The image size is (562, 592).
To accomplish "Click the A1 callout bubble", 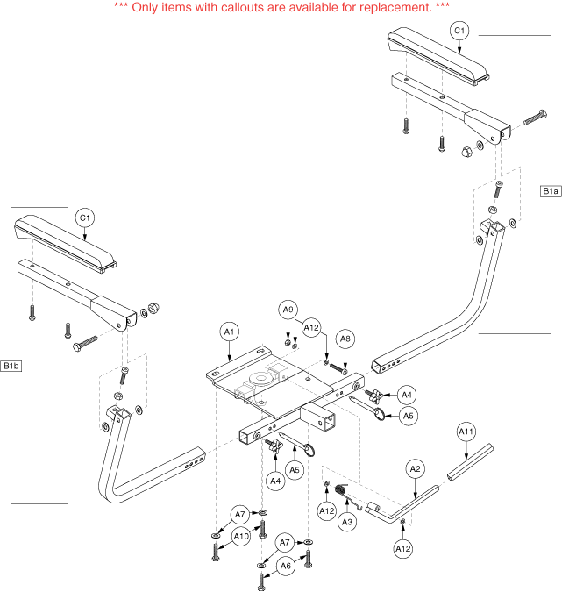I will (x=229, y=332).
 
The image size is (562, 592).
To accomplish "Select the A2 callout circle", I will (x=416, y=469).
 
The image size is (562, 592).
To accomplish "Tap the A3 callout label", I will (x=347, y=522).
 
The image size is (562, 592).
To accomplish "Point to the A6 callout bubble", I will (x=285, y=567).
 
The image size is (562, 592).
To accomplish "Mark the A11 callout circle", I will (x=466, y=432).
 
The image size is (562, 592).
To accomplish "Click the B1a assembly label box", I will (x=551, y=191).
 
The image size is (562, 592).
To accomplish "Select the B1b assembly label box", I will (x=11, y=365).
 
